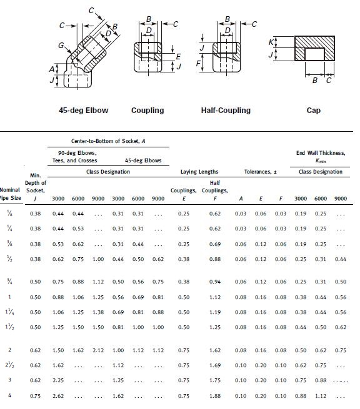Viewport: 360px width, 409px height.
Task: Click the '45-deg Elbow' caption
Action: [x=84, y=111]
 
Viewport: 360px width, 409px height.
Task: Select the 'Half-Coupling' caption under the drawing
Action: [x=226, y=111]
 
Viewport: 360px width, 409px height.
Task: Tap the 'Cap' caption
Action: [x=314, y=111]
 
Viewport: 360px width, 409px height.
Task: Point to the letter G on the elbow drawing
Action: [x=61, y=46]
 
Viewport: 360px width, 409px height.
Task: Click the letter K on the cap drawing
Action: [x=271, y=42]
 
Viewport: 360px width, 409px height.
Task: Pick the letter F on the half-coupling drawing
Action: [x=198, y=63]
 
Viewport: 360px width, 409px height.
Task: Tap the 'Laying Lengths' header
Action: [x=199, y=172]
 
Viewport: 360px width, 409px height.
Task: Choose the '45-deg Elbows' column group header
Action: [x=143, y=160]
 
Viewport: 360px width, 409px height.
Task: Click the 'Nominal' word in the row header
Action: [x=11, y=190]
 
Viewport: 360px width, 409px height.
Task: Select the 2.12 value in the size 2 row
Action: [x=98, y=350]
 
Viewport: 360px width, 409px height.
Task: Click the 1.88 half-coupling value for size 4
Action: [x=214, y=396]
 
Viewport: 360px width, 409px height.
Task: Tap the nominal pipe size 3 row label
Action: [x=9, y=380]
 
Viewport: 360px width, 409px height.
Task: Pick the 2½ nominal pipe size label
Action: [x=9, y=365]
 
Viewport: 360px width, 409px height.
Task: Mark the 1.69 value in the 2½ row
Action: [x=214, y=365]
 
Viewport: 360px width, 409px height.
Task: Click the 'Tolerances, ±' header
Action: [x=259, y=172]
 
